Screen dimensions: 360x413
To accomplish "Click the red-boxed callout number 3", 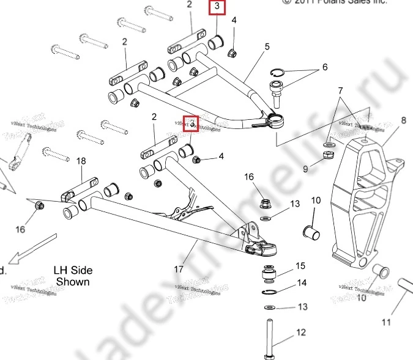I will pyautogui.click(x=217, y=7).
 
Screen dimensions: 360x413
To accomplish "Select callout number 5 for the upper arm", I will pyautogui.click(x=267, y=46).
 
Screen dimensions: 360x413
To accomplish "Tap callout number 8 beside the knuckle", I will pyautogui.click(x=403, y=120).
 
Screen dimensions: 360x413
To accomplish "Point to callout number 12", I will pyautogui.click(x=300, y=332).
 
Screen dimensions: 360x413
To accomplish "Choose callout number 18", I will pyautogui.click(x=81, y=161).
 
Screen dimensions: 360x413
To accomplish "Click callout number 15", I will pyautogui.click(x=300, y=266).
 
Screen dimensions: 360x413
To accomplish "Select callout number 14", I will pyautogui.click(x=301, y=283).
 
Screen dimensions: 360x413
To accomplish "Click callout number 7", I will pyautogui.click(x=341, y=91).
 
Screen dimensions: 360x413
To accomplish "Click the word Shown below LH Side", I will pyautogui.click(x=73, y=282).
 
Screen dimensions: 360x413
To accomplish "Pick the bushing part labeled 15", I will pyautogui.click(x=269, y=274).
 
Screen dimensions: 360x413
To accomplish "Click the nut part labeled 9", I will pyautogui.click(x=327, y=157).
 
